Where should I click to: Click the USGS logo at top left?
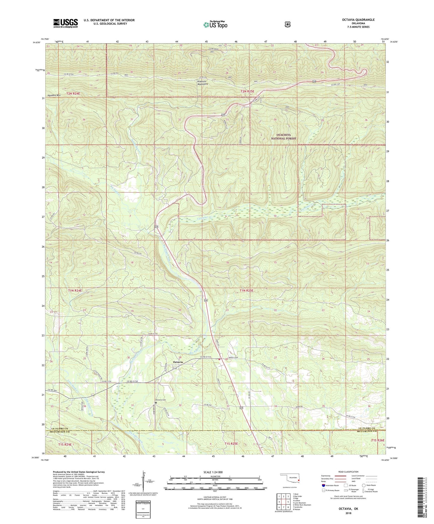65,23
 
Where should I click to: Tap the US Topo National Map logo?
215,25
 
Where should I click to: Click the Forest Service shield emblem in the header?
287,24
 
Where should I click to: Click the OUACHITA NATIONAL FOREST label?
283,137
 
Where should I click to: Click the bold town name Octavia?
178,362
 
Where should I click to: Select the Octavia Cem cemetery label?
161,400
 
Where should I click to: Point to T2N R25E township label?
247,91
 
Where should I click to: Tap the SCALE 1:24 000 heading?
213,472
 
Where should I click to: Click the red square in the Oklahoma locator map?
299,484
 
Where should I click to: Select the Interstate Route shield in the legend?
323,485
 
